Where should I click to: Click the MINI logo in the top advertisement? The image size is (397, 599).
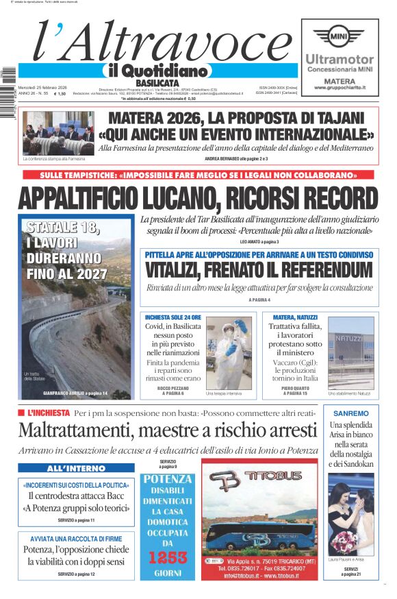point(340,36)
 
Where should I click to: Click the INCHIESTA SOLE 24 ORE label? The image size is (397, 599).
point(173,318)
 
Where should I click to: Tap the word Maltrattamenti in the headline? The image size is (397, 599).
point(75,431)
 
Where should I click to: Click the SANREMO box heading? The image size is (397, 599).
point(351,413)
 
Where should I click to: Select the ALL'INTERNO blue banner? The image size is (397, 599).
point(76,468)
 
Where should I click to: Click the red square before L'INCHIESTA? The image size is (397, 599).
point(21,413)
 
